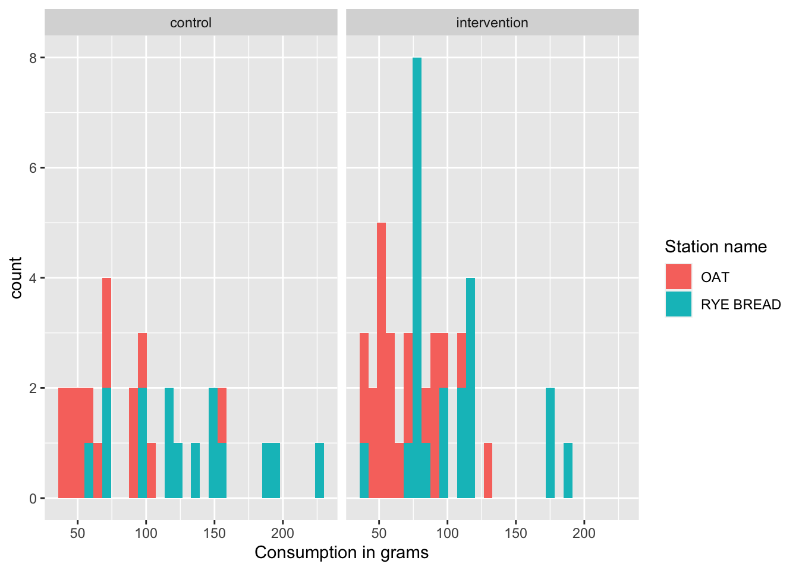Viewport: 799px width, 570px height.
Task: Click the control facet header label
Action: click(x=191, y=23)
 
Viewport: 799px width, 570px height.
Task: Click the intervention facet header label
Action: click(x=492, y=23)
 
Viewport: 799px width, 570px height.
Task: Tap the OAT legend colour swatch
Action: click(x=678, y=277)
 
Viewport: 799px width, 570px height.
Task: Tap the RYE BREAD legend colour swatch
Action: click(x=678, y=304)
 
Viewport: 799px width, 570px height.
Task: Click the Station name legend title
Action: click(x=715, y=246)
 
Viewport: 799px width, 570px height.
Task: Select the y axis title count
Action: click(x=16, y=278)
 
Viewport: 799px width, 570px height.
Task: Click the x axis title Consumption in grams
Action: click(x=341, y=553)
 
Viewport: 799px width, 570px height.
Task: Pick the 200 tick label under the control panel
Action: click(x=282, y=533)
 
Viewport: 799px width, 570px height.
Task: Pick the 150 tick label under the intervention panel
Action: click(x=515, y=533)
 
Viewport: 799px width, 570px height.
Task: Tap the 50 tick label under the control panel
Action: click(x=77, y=533)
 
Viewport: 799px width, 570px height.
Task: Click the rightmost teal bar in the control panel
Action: click(x=319, y=470)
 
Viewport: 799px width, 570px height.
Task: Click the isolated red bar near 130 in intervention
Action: click(x=487, y=470)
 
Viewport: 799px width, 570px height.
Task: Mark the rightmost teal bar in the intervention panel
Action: click(x=568, y=470)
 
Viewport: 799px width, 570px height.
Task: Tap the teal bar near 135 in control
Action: click(x=195, y=470)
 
